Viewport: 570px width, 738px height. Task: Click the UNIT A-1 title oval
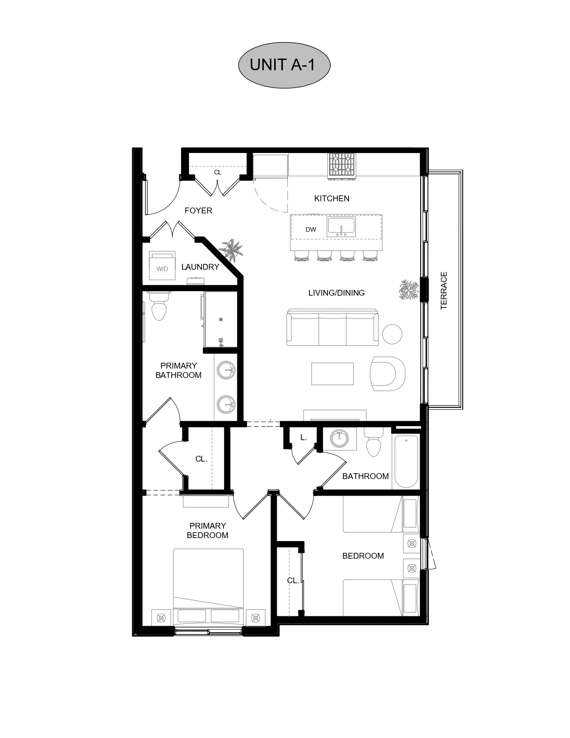click(x=284, y=65)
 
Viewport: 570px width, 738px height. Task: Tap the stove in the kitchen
click(x=342, y=166)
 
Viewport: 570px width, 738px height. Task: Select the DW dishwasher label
click(x=311, y=229)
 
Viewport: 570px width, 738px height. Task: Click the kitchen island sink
click(x=341, y=227)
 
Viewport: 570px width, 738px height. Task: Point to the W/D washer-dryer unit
click(x=162, y=265)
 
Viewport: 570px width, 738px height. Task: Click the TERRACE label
click(x=444, y=290)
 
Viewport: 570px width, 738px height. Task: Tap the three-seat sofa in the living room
click(x=332, y=327)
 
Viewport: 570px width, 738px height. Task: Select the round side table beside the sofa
click(x=392, y=334)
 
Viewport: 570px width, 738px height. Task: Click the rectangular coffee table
click(x=332, y=373)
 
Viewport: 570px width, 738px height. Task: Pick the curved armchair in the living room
click(x=388, y=373)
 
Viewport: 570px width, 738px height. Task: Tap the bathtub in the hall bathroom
click(x=406, y=462)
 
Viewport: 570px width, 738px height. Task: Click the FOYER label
click(x=198, y=211)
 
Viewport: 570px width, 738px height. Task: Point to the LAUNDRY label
click(x=200, y=267)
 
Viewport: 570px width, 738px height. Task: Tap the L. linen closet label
click(x=304, y=438)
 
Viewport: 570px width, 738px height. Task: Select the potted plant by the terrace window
click(x=409, y=290)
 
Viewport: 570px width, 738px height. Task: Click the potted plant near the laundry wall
click(x=231, y=250)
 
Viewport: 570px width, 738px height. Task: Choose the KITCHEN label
click(x=332, y=198)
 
